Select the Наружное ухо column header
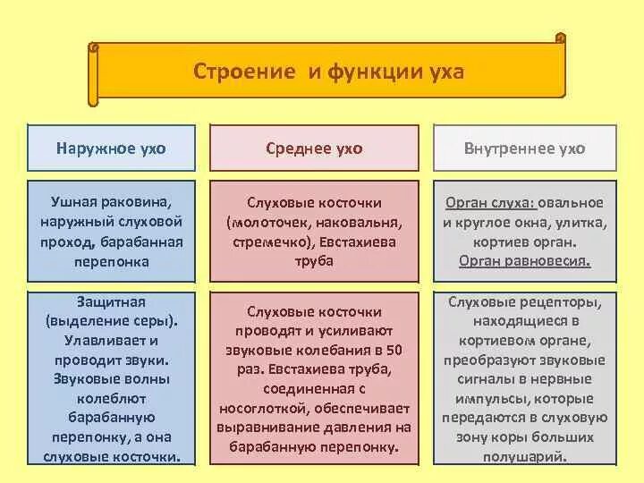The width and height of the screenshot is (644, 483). pos(111,148)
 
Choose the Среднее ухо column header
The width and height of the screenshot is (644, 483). pos(314,148)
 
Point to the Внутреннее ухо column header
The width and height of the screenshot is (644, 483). pos(525,148)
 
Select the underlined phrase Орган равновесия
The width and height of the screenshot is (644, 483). pos(525,260)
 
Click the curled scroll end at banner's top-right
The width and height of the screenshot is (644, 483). pos(560,38)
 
